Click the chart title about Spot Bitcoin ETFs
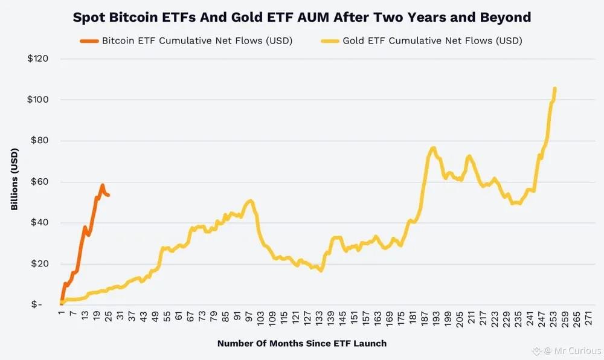point(301,17)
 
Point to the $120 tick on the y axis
point(38,59)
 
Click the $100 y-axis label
point(38,100)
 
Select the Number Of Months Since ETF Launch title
point(301,343)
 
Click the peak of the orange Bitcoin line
point(102,185)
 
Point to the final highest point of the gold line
point(554,89)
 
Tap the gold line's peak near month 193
point(433,147)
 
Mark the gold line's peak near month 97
point(250,201)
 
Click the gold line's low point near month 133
point(321,270)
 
